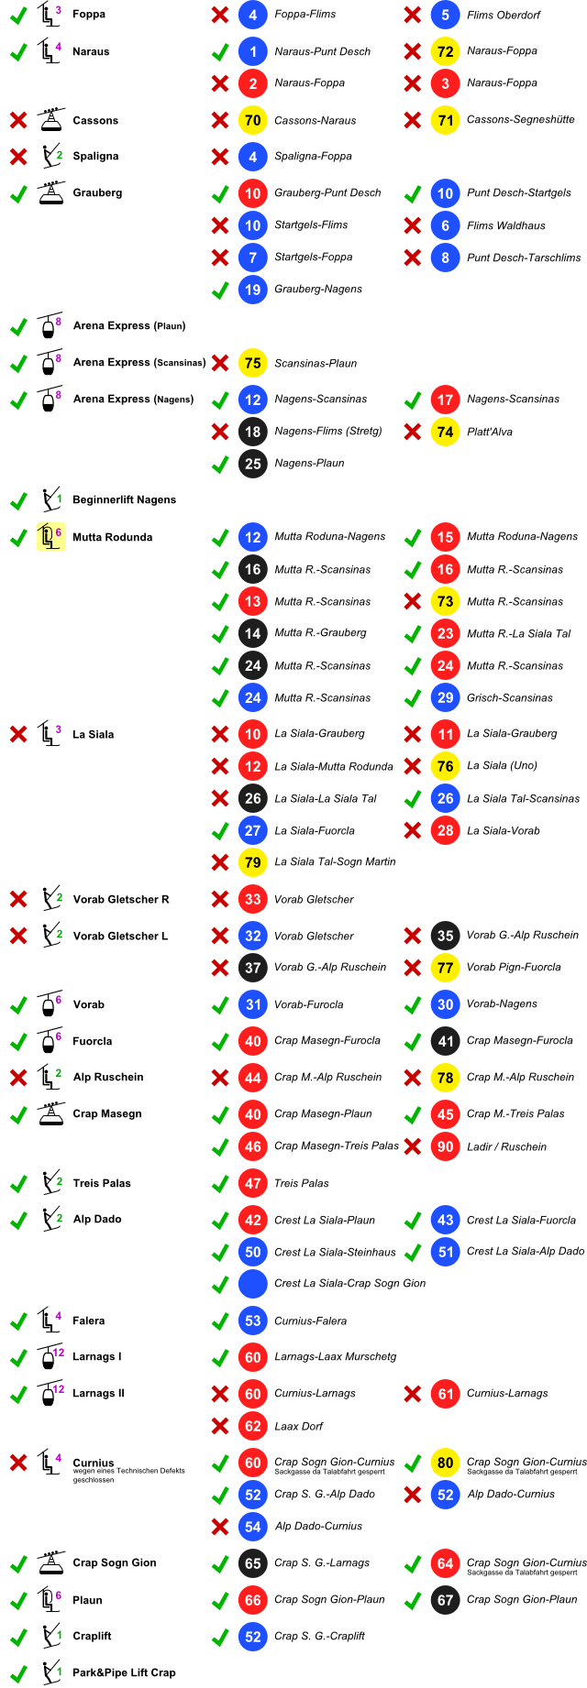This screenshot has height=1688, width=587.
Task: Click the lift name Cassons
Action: tap(94, 120)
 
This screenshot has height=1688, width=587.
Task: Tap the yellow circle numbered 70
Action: tap(253, 120)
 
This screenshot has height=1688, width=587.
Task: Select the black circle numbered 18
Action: tap(253, 432)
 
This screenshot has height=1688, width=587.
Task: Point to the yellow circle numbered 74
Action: tap(445, 432)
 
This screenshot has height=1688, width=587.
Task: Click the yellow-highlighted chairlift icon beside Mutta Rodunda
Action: tap(50, 537)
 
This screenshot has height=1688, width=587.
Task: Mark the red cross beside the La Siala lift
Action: tap(18, 734)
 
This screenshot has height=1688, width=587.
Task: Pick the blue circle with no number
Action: tap(253, 1284)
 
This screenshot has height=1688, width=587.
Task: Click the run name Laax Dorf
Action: tap(298, 1426)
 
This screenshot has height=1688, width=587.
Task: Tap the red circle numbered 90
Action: tap(445, 1146)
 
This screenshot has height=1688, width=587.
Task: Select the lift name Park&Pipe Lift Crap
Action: tap(123, 1672)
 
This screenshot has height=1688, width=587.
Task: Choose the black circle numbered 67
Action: tap(445, 1600)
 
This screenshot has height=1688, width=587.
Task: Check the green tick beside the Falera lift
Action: tap(18, 1321)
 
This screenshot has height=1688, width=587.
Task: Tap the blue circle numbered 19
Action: tap(253, 290)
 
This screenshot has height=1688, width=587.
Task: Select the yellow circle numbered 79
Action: tap(253, 862)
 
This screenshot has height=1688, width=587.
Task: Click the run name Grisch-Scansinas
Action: tap(509, 697)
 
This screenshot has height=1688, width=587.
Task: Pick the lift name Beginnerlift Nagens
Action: tap(123, 500)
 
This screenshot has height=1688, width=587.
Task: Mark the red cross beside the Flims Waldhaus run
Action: tap(413, 225)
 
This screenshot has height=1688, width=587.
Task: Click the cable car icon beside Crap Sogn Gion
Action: tap(50, 1563)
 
